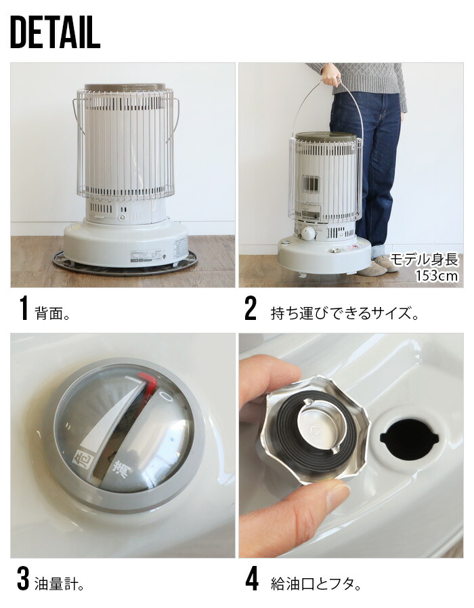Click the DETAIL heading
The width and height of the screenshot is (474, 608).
click(x=56, y=33)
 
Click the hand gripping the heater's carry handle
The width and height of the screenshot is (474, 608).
click(x=331, y=75)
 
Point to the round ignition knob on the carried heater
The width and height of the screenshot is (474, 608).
click(x=308, y=233)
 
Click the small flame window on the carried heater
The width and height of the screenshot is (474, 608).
click(x=310, y=184)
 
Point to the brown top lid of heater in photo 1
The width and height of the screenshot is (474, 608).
click(x=124, y=87)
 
